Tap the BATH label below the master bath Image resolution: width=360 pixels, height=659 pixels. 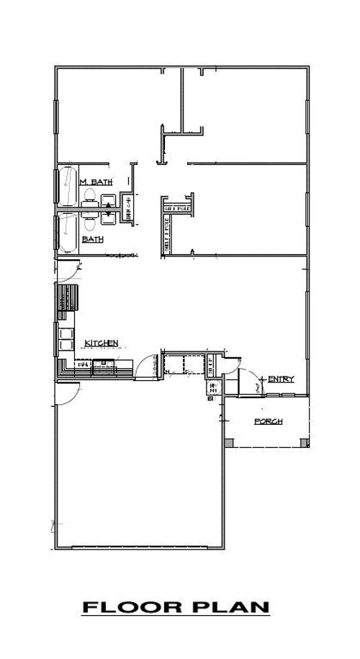[x=91, y=238]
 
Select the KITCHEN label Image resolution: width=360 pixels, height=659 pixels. [x=102, y=343]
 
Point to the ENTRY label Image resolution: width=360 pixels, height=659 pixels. [x=280, y=379]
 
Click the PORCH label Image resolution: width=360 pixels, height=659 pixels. [x=268, y=422]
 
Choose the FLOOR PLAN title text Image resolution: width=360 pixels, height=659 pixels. [x=176, y=609]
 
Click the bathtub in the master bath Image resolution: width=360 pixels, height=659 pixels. [x=68, y=186]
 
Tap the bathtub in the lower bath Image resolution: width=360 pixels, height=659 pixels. [x=68, y=232]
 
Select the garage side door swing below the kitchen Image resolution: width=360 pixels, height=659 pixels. [x=70, y=393]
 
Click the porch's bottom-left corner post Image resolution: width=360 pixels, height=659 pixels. [x=228, y=441]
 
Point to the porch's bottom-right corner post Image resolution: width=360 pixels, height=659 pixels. [x=307, y=441]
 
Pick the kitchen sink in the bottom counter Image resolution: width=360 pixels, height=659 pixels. [x=104, y=364]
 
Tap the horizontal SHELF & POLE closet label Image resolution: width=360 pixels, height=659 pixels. [x=176, y=209]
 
